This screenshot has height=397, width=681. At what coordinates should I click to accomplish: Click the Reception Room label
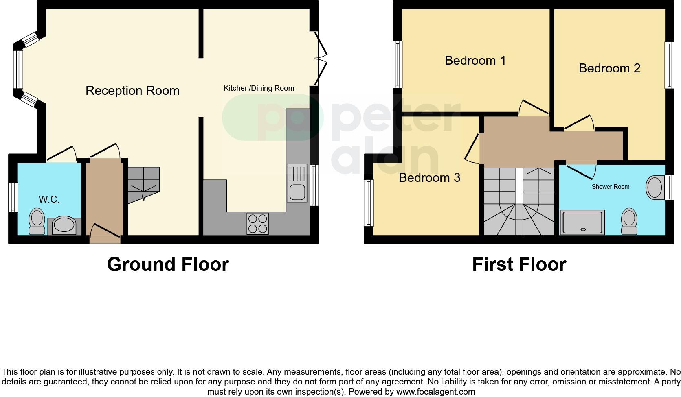pyautogui.click(x=132, y=90)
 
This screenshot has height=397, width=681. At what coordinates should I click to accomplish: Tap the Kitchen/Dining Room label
pyautogui.click(x=259, y=88)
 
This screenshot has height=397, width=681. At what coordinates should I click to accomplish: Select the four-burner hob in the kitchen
pyautogui.click(x=257, y=223)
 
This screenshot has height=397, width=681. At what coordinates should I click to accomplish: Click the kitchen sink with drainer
pyautogui.click(x=297, y=183)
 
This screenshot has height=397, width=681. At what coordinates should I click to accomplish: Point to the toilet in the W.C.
pyautogui.click(x=37, y=221)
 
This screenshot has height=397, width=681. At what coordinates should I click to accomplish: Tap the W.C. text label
pyautogui.click(x=49, y=199)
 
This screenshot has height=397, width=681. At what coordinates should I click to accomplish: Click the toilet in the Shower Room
pyautogui.click(x=629, y=222)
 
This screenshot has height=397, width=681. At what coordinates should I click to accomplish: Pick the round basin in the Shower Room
pyautogui.click(x=655, y=188)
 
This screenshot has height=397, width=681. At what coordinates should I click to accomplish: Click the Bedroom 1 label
pyautogui.click(x=475, y=61)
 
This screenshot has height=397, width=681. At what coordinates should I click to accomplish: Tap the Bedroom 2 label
pyautogui.click(x=609, y=68)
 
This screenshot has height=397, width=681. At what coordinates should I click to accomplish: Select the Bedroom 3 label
pyautogui.click(x=429, y=178)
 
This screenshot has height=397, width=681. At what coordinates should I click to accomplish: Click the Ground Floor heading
pyautogui.click(x=168, y=264)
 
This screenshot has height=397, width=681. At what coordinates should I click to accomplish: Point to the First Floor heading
pyautogui.click(x=519, y=264)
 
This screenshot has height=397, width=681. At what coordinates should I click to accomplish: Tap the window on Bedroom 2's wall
pyautogui.click(x=669, y=65)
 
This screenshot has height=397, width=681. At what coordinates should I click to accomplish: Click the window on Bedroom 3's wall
pyautogui.click(x=369, y=203)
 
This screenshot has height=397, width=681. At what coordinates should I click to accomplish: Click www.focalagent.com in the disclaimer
pyautogui.click(x=435, y=392)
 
